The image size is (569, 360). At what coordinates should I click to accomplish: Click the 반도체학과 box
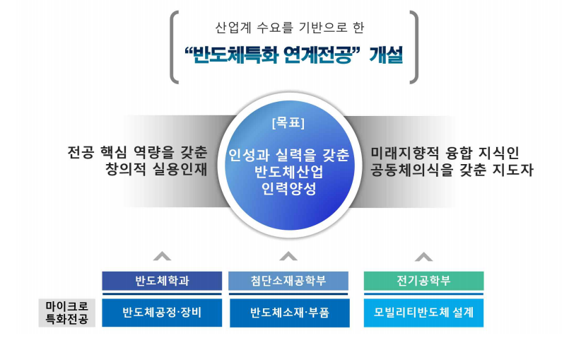point(162,281)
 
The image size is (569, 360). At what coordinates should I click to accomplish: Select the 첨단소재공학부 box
point(288,281)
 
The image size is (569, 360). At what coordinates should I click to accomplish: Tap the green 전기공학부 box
point(423,281)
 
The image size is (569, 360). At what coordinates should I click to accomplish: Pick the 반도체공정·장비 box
point(162,313)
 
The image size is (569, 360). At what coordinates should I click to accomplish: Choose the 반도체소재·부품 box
point(290,313)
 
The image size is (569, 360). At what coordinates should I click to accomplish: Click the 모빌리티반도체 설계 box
point(423,313)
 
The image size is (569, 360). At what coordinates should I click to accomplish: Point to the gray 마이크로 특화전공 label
point(66,313)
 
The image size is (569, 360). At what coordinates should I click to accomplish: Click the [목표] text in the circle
point(288,123)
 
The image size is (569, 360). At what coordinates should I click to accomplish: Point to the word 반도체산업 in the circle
point(289,172)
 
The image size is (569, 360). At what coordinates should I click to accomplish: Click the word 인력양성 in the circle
point(289,189)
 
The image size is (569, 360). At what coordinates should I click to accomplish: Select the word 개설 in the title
point(386,55)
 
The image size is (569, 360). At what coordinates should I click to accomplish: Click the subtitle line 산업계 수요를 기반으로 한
point(290,28)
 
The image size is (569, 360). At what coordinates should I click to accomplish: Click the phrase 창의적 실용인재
point(156,169)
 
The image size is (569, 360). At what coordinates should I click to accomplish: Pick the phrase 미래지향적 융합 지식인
point(445,153)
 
